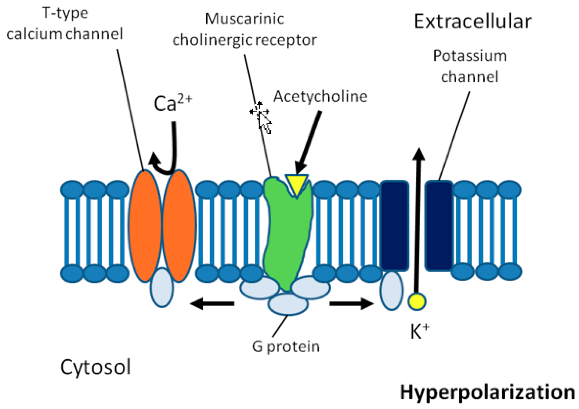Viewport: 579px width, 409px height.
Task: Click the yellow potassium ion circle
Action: [x=417, y=301]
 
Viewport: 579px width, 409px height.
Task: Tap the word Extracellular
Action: [x=473, y=22]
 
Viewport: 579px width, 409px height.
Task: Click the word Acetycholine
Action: [x=320, y=96]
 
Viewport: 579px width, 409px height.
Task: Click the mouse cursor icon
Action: [x=262, y=118]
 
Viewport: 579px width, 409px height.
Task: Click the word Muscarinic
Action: [x=244, y=19]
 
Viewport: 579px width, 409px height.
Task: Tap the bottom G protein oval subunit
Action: [x=288, y=304]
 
